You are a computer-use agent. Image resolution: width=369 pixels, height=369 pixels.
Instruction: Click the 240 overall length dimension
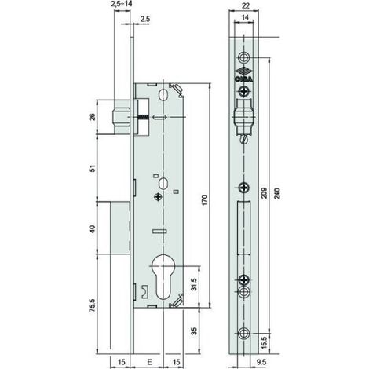[x=277, y=193]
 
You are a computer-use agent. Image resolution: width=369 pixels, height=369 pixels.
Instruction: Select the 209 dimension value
[x=264, y=193]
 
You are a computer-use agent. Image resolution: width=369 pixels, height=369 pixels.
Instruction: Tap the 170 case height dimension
[x=205, y=200]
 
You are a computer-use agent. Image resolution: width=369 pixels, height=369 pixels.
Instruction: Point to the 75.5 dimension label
[x=93, y=305]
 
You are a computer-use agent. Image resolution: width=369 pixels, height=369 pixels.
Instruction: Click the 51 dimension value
[x=93, y=168]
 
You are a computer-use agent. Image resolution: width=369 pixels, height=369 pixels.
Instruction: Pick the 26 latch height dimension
[x=93, y=117]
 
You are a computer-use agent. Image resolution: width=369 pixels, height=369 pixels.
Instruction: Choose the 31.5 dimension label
[x=194, y=284]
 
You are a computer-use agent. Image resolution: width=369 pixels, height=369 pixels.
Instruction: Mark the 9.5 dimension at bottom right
[x=261, y=362]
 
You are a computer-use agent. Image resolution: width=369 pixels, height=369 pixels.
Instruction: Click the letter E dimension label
[x=149, y=362]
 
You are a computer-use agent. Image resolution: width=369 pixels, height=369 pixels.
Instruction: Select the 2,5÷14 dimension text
[x=121, y=4]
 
